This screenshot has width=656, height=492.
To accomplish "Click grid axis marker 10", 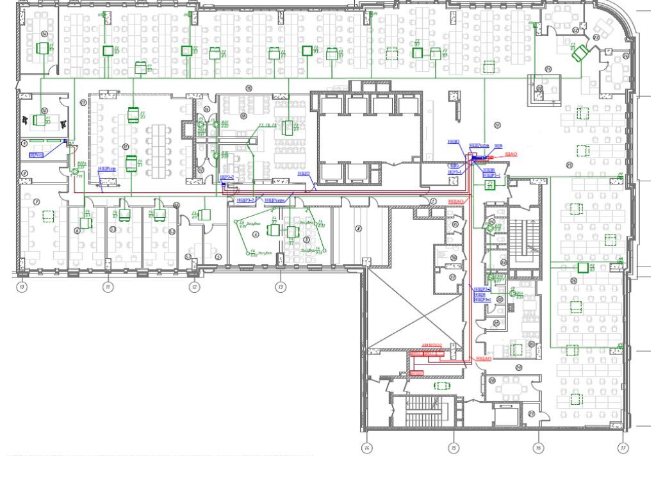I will click(x=22, y=288).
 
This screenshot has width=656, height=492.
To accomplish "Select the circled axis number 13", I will click(x=281, y=288).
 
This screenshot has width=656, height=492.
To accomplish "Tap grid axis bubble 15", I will click(x=453, y=447).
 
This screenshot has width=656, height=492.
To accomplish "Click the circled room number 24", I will click(x=44, y=33).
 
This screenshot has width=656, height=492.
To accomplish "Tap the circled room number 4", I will click(x=256, y=235).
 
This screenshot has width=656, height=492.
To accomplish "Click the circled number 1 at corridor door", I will click(x=434, y=201).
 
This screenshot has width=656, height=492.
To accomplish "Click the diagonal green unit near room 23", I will click(x=580, y=53).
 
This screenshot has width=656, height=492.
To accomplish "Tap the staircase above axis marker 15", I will click(x=426, y=410).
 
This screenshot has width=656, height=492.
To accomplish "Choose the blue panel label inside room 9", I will click(x=37, y=154).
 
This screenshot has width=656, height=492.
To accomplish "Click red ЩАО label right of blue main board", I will click(x=511, y=154).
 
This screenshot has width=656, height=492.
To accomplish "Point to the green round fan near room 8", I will click(x=73, y=171).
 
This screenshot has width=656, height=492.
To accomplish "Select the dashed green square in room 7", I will click(x=47, y=216).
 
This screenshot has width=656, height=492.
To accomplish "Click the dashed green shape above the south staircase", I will click(x=441, y=385).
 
